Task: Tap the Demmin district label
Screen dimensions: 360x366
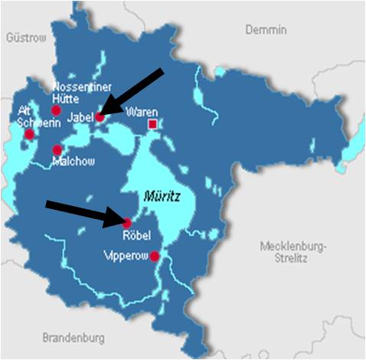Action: click(266, 29)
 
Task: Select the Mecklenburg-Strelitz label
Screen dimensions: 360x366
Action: click(293, 252)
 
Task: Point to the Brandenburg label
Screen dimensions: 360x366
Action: click(74, 338)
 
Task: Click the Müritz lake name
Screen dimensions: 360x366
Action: click(162, 197)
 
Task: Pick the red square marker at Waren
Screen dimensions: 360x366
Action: click(154, 123)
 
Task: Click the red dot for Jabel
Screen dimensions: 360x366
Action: click(100, 117)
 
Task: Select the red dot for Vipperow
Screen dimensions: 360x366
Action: click(155, 256)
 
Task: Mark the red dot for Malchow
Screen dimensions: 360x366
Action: click(57, 149)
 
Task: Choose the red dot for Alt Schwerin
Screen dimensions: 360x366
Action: click(30, 134)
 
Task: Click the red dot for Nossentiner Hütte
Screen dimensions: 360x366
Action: click(56, 110)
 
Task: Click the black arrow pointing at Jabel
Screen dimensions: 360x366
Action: click(133, 91)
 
